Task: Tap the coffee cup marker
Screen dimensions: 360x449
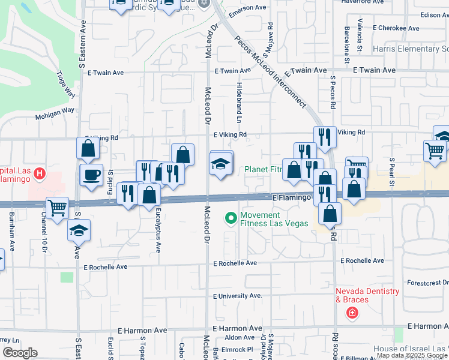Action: click(91, 175)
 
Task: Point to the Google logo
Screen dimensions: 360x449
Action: click(20, 353)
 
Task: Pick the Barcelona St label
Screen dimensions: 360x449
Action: click(347, 45)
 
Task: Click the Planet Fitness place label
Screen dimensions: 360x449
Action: click(263, 169)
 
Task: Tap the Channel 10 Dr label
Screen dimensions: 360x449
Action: click(44, 228)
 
